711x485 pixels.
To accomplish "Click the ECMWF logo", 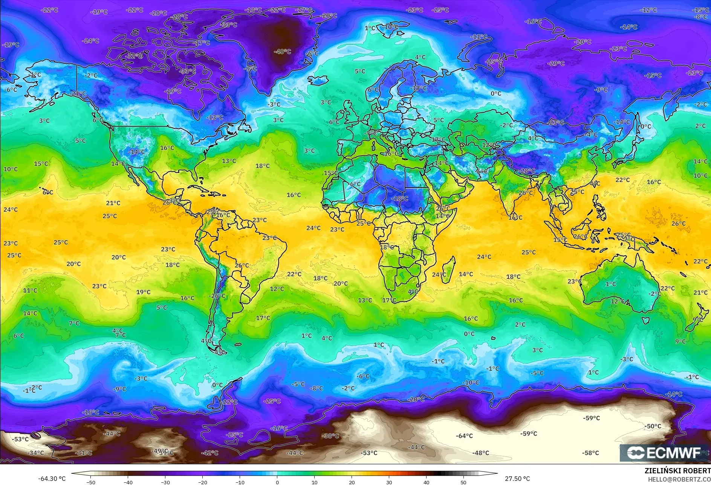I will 664,453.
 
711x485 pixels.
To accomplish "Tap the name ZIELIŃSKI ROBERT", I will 677,471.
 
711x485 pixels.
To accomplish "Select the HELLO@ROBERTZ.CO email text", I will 679,479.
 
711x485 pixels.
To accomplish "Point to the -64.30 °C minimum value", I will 52,479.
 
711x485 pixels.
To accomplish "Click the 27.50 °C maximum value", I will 517,479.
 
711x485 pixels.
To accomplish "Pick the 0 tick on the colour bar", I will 277,482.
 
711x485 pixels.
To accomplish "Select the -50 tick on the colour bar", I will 90,482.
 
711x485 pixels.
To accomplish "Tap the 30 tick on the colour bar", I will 389,482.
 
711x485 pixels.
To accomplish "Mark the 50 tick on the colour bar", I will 463,482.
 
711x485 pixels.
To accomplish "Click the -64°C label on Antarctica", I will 464,436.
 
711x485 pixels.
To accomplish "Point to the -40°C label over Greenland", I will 282,52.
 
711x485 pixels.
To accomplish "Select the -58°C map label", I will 590,453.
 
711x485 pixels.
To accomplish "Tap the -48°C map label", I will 481,453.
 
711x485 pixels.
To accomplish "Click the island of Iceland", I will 318,80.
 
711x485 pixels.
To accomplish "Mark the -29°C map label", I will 556,64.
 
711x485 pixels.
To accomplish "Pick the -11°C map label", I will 479,37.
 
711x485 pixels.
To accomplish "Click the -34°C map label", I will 36,453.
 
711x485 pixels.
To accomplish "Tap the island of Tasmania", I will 645,320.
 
